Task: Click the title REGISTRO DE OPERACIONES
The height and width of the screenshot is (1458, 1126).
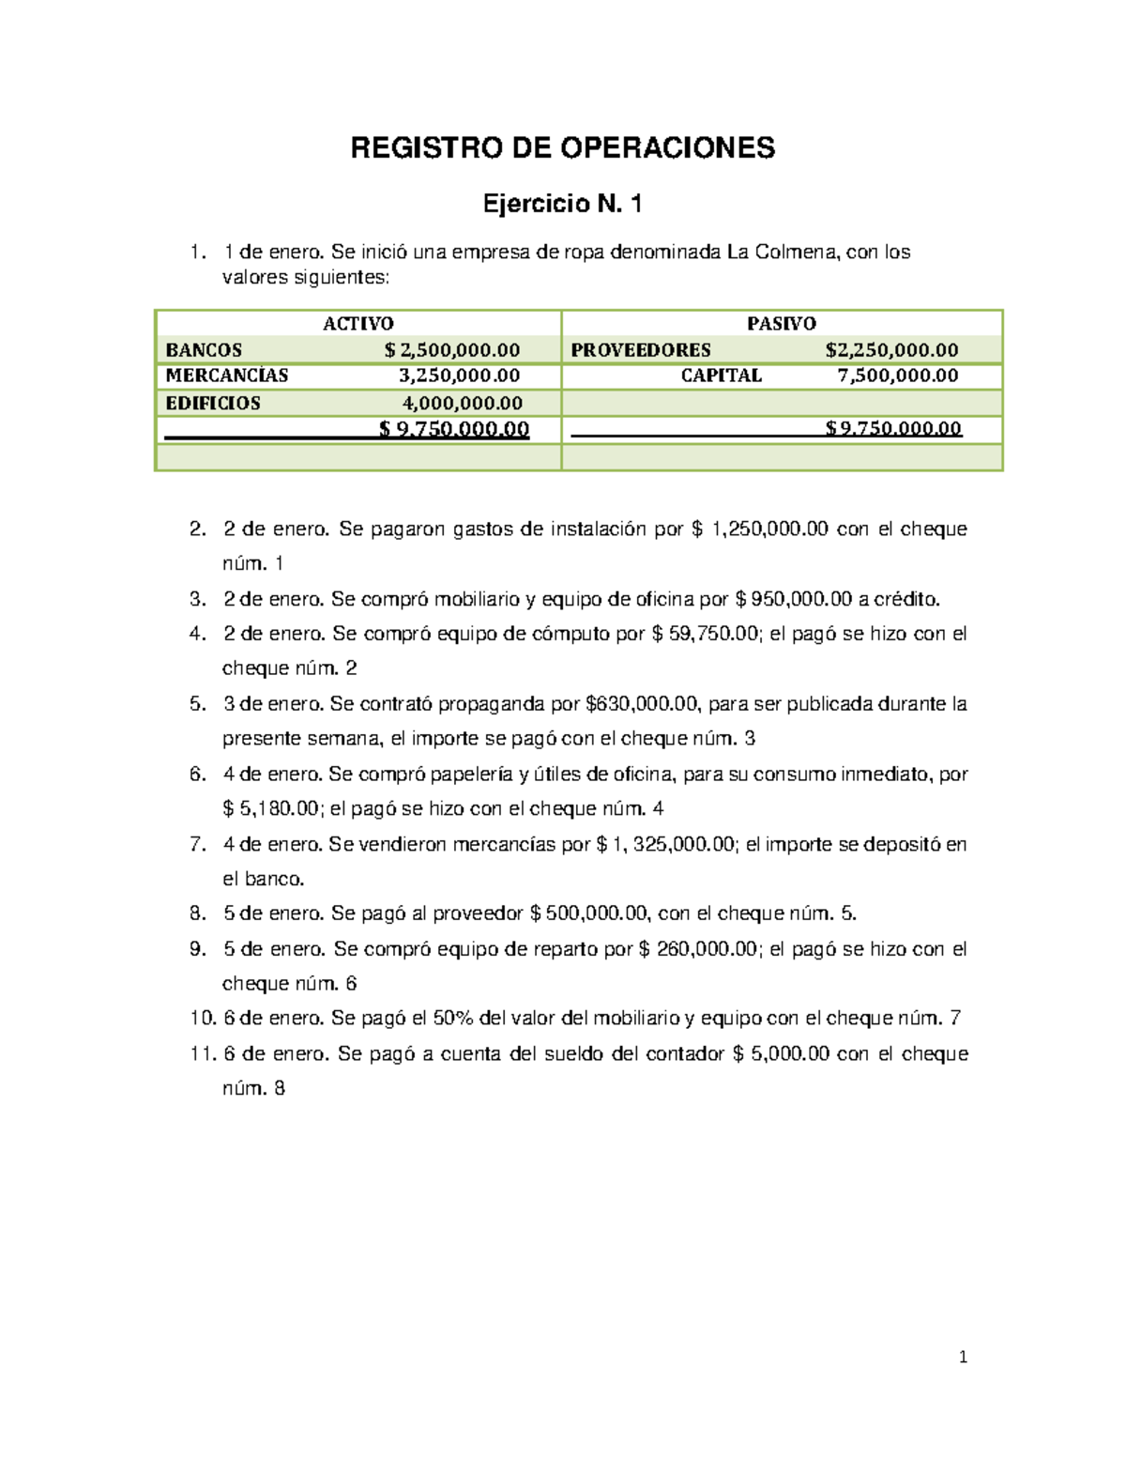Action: [562, 148]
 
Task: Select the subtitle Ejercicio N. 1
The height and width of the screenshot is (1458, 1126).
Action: [562, 204]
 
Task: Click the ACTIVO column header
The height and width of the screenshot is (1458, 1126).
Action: [358, 324]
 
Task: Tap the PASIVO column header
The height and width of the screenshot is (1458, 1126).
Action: [781, 324]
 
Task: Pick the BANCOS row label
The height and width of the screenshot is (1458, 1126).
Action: [204, 350]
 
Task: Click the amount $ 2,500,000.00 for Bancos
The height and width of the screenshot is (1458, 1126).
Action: [452, 350]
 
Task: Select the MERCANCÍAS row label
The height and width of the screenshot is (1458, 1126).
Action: [227, 376]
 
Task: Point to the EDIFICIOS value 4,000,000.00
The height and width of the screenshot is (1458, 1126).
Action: [463, 404]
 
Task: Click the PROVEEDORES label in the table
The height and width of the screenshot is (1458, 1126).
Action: [641, 350]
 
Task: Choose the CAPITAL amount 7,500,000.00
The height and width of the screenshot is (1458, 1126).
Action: [897, 376]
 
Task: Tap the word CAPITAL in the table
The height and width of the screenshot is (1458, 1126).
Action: [721, 376]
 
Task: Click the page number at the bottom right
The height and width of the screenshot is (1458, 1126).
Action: [963, 1357]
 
